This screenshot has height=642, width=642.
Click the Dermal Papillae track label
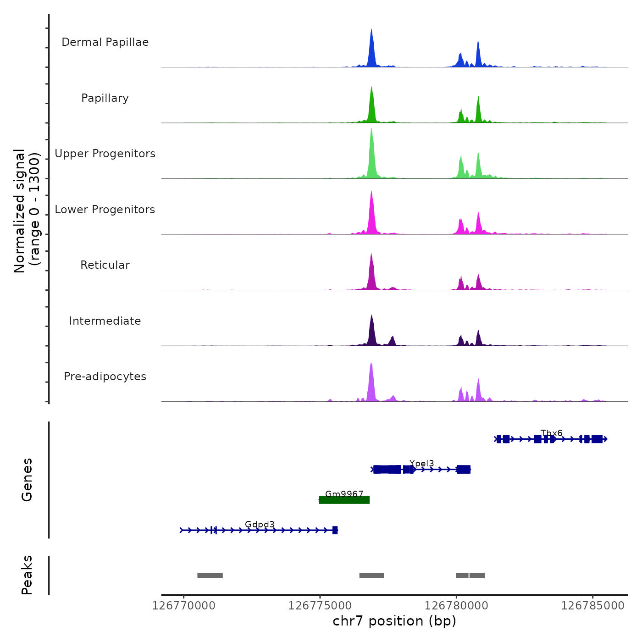[x=105, y=42]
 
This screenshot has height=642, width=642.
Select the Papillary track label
[x=105, y=98]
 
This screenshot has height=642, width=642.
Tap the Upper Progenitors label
[x=105, y=154]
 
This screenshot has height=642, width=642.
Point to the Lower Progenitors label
[x=105, y=210]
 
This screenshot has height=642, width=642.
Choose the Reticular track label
[x=105, y=265]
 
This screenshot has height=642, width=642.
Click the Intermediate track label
[x=105, y=321]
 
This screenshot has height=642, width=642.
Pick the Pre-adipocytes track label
[x=105, y=376]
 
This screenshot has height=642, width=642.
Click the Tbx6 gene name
[x=551, y=433]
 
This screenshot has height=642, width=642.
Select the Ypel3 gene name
[x=421, y=464]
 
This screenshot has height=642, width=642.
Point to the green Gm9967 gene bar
[x=344, y=500]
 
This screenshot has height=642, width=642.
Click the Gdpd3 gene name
[x=260, y=525]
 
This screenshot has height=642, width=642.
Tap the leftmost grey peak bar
[x=210, y=576]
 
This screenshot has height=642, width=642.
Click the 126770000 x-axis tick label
[x=183, y=606]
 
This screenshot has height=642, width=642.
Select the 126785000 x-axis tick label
[x=592, y=606]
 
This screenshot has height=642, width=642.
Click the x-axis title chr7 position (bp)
[x=394, y=621]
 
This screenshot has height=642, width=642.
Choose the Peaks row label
[x=27, y=575]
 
